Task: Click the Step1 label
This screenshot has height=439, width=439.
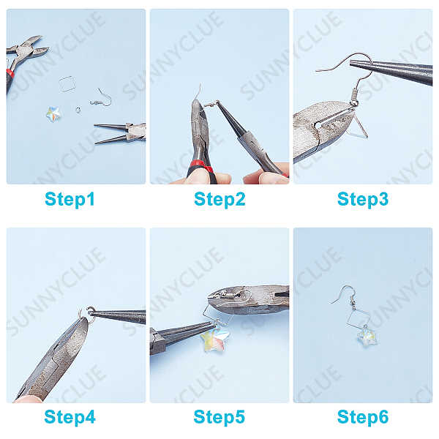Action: pyautogui.click(x=70, y=199)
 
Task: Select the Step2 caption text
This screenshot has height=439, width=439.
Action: pyautogui.click(x=219, y=199)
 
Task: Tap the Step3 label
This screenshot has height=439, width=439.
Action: pyautogui.click(x=363, y=199)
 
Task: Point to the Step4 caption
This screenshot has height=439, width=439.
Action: pyautogui.click(x=70, y=417)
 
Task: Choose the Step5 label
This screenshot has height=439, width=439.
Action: pyautogui.click(x=219, y=417)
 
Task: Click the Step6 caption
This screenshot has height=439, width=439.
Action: pyautogui.click(x=363, y=417)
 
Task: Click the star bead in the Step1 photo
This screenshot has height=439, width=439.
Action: pyautogui.click(x=53, y=114)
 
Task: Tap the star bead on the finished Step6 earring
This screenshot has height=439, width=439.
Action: pyautogui.click(x=367, y=335)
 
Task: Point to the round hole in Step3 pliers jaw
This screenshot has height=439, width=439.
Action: pyautogui.click(x=317, y=125)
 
